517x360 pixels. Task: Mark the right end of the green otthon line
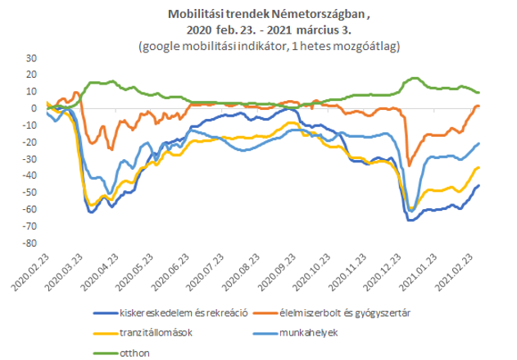tap(479, 93)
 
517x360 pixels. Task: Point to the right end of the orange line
tap(479, 107)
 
